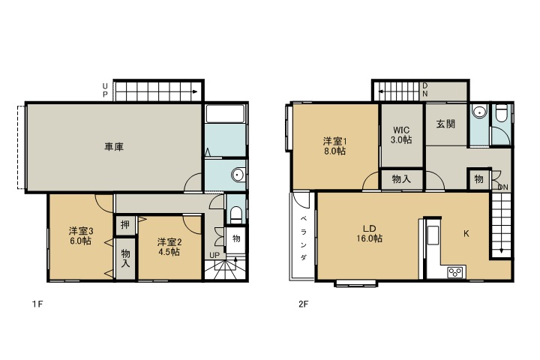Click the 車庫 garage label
[114, 147]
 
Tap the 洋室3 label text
[80, 231]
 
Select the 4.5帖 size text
[169, 252]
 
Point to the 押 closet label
[124, 225]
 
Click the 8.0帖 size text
[334, 151]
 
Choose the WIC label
[401, 128]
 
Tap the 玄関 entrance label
[445, 124]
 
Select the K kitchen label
[466, 234]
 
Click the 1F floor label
[36, 304]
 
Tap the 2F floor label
[303, 304]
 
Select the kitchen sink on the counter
[433, 235]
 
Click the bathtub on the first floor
[226, 115]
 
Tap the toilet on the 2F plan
[502, 115]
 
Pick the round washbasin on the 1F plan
[237, 175]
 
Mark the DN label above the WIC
[424, 89]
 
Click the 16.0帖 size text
[370, 238]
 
